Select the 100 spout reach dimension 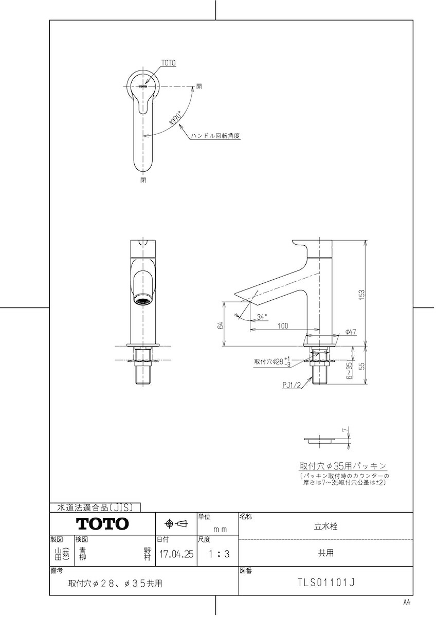click(x=283, y=326)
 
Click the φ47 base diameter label click(x=351, y=332)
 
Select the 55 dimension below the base click(x=362, y=365)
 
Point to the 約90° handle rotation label click(x=175, y=118)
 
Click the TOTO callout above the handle click(x=168, y=63)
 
